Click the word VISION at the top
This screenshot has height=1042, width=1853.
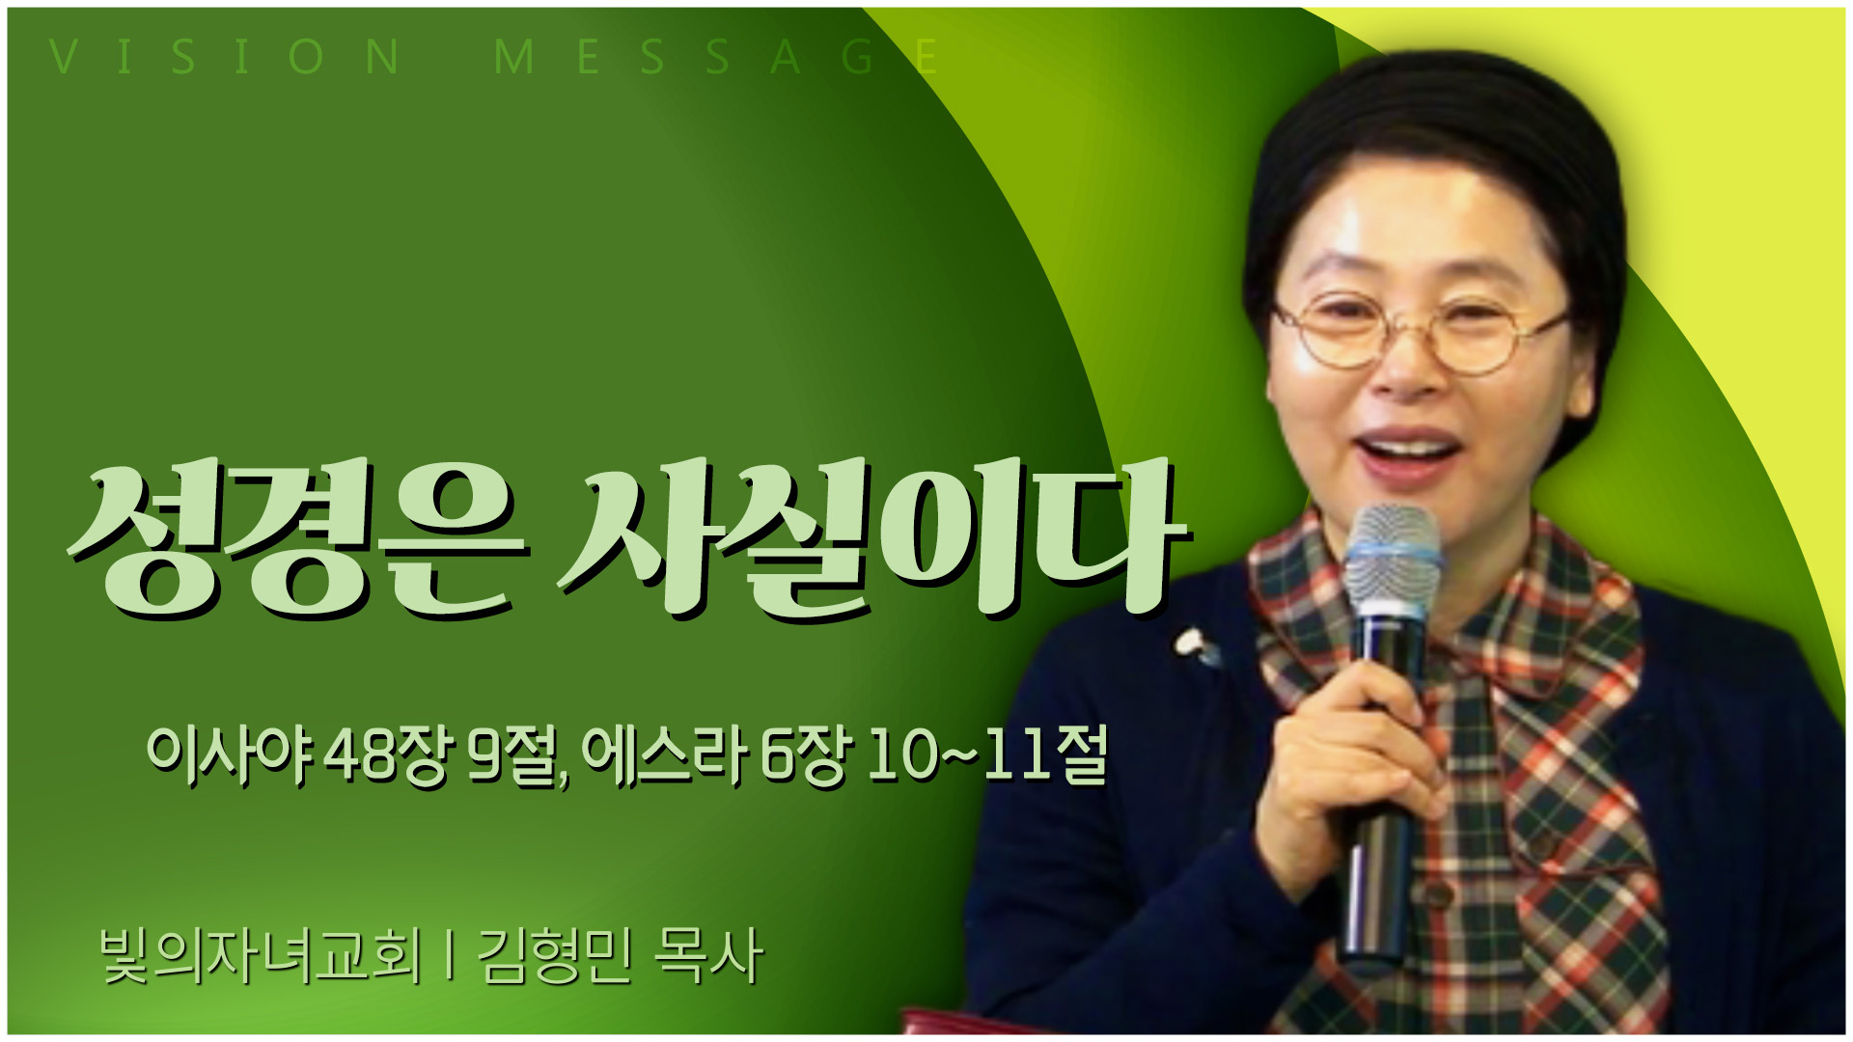225,57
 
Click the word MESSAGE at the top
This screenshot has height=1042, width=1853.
715,57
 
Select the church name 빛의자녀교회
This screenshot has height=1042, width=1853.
262,956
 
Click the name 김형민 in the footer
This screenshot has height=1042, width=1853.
556,956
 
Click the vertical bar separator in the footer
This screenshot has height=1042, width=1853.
450,956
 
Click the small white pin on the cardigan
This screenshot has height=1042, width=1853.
1194,644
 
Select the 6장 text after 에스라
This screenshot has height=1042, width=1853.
807,754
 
